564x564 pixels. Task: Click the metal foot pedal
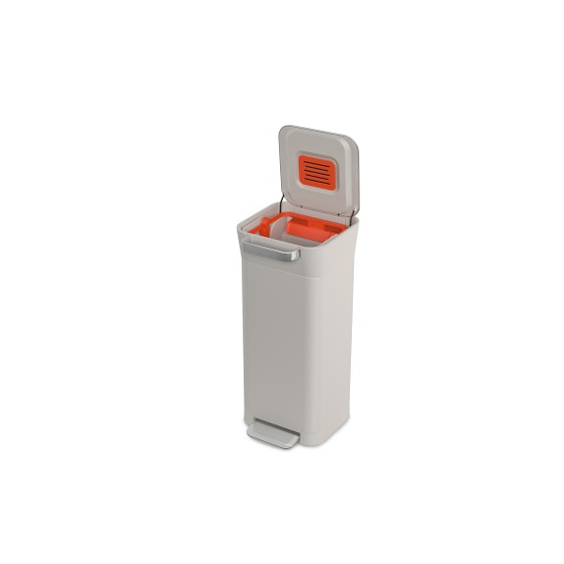point(273,433)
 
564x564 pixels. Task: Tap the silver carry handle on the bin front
point(270,252)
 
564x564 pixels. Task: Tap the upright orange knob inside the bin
point(264,227)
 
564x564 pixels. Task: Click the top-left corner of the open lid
point(282,129)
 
